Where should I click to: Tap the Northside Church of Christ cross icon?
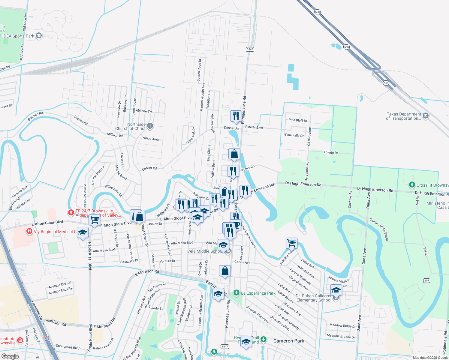[x=150, y=126]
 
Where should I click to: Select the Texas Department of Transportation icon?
[x=425, y=116]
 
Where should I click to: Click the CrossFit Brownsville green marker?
[x=412, y=185]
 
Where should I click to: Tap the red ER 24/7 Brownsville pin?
[x=71, y=212]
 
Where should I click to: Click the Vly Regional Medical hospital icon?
[x=29, y=231]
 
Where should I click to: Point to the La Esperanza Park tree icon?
[x=237, y=292]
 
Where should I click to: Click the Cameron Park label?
[x=288, y=341]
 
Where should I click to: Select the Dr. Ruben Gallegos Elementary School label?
[x=314, y=298]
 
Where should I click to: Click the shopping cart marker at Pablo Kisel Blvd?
[x=94, y=220]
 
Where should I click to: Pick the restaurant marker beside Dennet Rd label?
[x=236, y=116]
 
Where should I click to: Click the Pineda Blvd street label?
[x=254, y=127]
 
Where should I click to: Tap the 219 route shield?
[x=426, y=280]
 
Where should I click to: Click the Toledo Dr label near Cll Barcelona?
[x=331, y=152]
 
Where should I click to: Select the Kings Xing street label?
[x=151, y=138]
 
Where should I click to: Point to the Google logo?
[x=10, y=356]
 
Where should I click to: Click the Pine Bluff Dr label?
[x=298, y=120]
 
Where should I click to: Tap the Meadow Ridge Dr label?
[x=342, y=325]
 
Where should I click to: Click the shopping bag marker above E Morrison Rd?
[x=225, y=271]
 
